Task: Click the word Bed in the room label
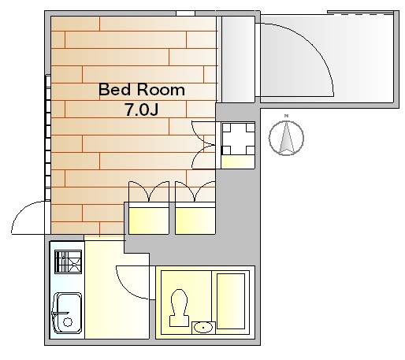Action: pos(114,90)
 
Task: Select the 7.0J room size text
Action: pos(142,109)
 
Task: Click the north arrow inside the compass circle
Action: pos(286,138)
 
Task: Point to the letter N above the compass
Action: pos(287,116)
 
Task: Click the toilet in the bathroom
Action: pos(179,308)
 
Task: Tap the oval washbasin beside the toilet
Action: pos(203,328)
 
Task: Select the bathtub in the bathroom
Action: pos(231,301)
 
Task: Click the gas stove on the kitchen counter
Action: pos(69,262)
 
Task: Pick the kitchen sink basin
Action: pos(68,313)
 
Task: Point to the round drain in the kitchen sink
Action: pos(68,322)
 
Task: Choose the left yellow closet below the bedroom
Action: pos(148,221)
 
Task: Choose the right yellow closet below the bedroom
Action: pos(195,221)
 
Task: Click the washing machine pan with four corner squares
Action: pos(238,139)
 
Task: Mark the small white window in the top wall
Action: pos(185,13)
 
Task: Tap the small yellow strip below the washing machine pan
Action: pos(238,162)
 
